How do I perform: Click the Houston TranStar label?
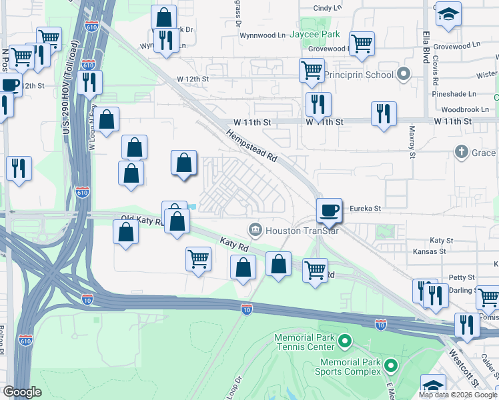pos(294,231)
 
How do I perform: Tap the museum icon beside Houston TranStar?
pos(255,231)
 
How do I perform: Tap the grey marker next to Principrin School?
pos(402,74)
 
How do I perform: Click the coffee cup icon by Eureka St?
pos(328,209)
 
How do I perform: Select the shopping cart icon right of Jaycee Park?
pos(362,43)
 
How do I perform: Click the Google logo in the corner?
pos(23,392)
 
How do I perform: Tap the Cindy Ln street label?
pos(327,8)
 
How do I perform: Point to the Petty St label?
pos(462,277)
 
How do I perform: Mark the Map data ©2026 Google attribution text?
pos(458,395)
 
